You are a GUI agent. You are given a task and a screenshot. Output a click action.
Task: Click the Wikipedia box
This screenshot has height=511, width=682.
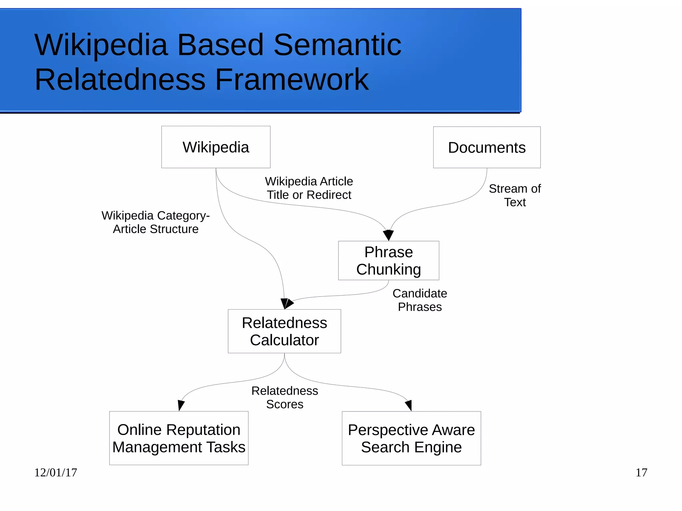pos(216,147)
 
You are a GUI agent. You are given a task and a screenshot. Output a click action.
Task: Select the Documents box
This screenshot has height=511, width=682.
pos(487,147)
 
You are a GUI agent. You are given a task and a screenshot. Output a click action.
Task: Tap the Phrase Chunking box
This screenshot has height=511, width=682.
pos(388,260)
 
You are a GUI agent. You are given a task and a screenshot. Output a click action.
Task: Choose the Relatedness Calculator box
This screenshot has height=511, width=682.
pos(284,331)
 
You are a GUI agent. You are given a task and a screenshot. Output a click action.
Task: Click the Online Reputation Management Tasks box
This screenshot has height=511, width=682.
pos(179,438)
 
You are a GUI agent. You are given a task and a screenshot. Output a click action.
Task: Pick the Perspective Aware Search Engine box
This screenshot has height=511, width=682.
pos(411,438)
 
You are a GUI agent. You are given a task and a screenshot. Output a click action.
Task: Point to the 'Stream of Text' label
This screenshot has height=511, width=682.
pos(514,195)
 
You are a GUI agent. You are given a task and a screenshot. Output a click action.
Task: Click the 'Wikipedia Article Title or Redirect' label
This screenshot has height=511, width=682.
pos(309,188)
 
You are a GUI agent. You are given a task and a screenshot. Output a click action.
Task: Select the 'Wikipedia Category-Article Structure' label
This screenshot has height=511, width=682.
pos(156,222)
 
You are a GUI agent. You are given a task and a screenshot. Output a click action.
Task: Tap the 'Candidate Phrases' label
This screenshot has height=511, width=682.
pos(420,300)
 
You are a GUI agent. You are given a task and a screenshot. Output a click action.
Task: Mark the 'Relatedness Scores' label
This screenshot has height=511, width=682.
pos(285,397)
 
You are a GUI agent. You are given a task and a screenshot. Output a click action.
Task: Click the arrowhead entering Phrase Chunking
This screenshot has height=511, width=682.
pos(388,235)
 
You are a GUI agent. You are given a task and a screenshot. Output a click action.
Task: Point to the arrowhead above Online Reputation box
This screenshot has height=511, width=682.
pos(181,405)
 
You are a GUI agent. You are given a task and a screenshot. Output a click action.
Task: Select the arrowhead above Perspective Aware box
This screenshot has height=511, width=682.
pos(409,405)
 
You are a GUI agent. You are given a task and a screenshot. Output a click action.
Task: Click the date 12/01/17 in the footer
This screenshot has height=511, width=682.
pos(56,472)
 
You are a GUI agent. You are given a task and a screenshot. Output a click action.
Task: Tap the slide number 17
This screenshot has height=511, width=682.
pos(641,472)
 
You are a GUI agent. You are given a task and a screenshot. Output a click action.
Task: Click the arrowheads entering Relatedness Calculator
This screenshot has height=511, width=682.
pos(286,303)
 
